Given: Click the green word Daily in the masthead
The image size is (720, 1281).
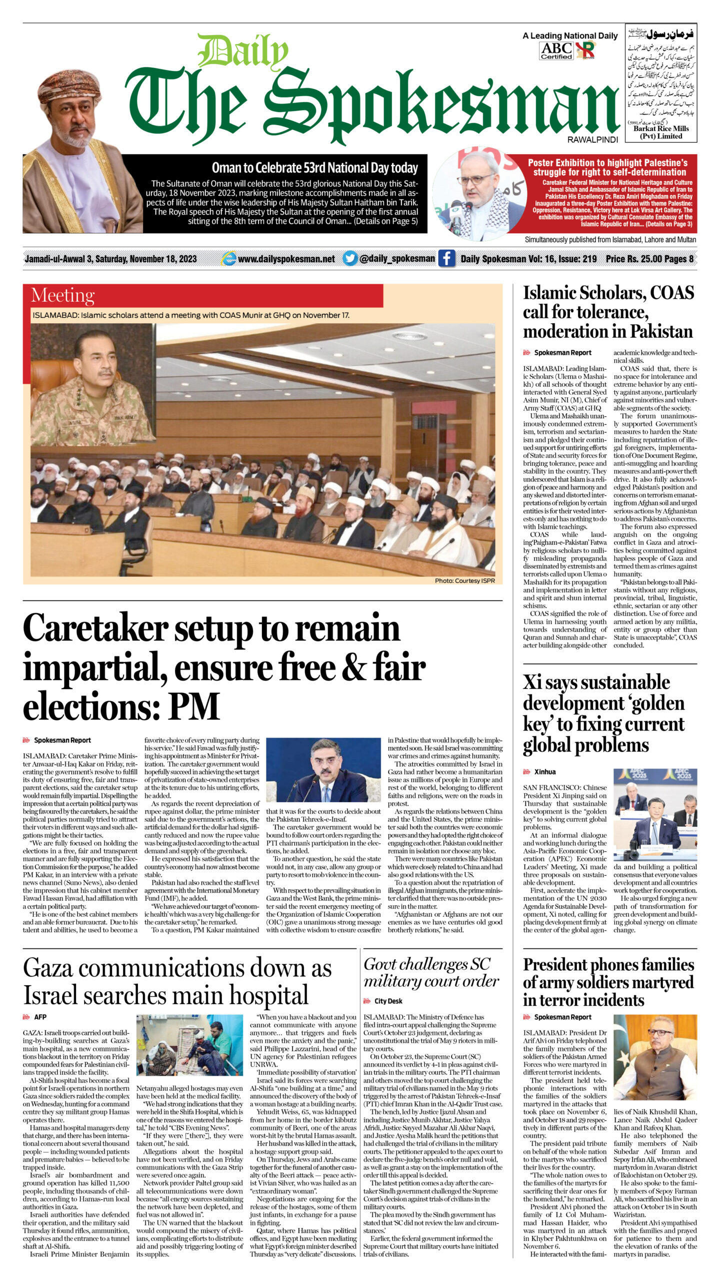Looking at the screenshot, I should point(243,53).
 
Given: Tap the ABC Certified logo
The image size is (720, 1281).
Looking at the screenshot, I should point(556,51).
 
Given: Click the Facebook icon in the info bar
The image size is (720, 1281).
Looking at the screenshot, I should point(446,259).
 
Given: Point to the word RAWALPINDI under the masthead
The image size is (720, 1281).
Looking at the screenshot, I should point(592,140).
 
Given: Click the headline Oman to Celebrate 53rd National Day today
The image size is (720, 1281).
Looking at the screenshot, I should point(314,168).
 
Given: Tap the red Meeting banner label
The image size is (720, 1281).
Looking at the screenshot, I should point(62,296).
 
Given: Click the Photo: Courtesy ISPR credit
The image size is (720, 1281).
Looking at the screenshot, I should point(464,580).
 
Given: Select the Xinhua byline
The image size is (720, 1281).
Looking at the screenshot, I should point(545,772).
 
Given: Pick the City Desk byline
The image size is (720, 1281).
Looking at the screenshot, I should point(388,1001).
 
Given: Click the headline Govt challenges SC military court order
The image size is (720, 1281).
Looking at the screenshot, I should point(431,972).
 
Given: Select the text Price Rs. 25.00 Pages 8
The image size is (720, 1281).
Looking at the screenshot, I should point(649,259).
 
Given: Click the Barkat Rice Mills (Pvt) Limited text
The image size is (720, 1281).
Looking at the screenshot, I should point(660,132).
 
